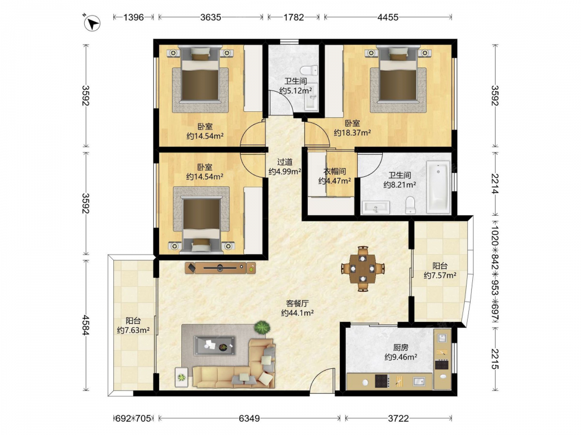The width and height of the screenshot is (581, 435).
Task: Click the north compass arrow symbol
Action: pos(92,23)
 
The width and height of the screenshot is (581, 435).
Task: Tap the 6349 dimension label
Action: pos(249,418)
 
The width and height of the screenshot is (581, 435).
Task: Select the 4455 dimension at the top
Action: pos(388,17)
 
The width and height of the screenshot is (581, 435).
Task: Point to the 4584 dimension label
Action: pos(85,325)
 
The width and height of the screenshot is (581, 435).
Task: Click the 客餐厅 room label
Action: pos(297,303)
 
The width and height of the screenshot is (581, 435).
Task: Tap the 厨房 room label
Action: pos(400,347)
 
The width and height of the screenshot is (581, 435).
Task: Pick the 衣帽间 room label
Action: pos(335,171)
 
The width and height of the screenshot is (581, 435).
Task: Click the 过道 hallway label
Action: pos(285,162)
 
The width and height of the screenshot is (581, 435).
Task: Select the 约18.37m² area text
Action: pos(352,132)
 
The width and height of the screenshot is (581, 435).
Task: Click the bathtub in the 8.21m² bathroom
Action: pos(438,187)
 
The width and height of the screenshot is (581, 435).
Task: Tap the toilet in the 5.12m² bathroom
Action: pos(309,70)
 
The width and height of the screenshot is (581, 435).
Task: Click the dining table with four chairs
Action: pos(363,269)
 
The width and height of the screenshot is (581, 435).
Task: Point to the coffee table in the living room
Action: pos(215,346)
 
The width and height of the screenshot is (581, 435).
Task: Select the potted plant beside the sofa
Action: pos(262,328)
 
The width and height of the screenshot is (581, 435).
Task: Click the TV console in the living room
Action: pos(220,267)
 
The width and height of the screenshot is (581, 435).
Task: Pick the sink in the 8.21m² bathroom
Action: pos(376,208)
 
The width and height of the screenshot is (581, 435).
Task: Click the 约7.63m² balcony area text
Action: pos(133,330)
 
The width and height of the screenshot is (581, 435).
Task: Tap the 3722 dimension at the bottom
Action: pos(399,418)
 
